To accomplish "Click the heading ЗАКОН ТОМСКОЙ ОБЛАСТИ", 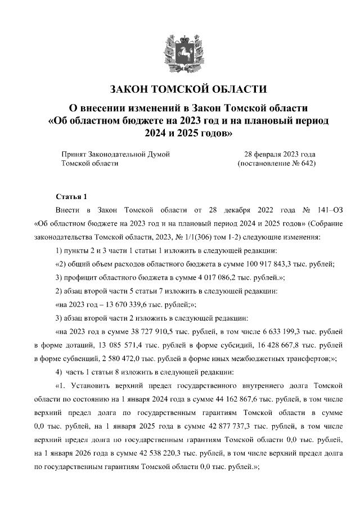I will [x=180, y=89].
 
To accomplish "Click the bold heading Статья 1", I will [x=71, y=197].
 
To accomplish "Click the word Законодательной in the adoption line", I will [x=124, y=154].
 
